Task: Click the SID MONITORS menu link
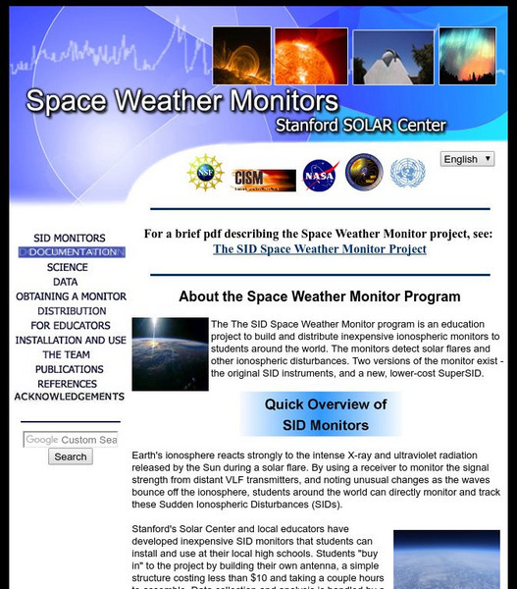69,238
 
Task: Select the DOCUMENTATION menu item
72,252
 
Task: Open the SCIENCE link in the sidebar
67,267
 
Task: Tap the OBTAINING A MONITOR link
69,296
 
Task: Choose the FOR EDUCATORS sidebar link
69,325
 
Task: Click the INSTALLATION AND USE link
71,340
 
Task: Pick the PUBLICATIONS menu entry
69,369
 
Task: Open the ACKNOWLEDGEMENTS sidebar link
69,397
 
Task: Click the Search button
71,456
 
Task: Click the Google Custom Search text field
71,440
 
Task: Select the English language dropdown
467,159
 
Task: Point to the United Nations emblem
406,174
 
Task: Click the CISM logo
263,178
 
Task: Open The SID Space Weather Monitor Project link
319,249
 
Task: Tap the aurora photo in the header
466,56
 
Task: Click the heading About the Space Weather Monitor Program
319,295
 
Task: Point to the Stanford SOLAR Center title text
360,125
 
